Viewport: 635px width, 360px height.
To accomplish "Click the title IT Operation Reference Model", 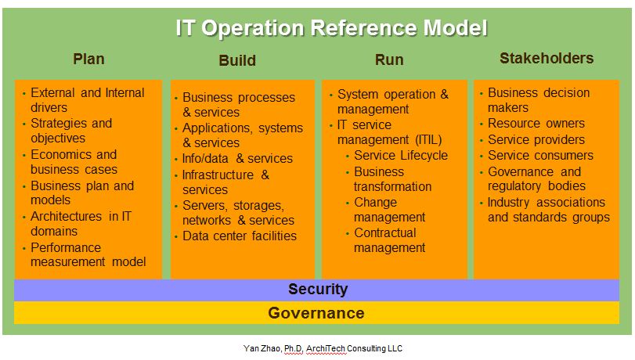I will click(331, 28).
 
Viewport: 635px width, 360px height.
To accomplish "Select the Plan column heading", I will click(88, 59).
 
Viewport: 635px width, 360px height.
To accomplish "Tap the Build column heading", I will click(237, 60).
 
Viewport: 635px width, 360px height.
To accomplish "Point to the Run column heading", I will click(389, 59).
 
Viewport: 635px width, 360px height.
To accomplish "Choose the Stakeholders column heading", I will click(547, 58).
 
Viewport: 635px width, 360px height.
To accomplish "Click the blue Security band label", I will click(317, 289).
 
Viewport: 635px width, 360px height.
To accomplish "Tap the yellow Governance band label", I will click(316, 313).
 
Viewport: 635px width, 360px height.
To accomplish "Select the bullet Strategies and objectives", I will click(70, 131).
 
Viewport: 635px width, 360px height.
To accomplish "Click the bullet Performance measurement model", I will click(88, 254).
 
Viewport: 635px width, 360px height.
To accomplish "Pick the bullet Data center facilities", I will click(240, 236).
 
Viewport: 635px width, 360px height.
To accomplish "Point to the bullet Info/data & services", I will click(237, 158).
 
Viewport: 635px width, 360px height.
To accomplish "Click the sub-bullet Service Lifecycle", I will click(401, 155).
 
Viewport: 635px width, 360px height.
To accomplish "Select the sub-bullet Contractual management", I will click(389, 240).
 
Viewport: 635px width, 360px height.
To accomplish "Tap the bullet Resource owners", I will click(536, 124).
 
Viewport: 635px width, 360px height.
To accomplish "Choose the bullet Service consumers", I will click(540, 155).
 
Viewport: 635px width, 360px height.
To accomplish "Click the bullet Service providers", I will click(536, 139).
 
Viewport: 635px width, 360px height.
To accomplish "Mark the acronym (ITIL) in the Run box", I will click(424, 139).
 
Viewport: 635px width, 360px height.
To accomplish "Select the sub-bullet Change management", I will click(389, 210).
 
